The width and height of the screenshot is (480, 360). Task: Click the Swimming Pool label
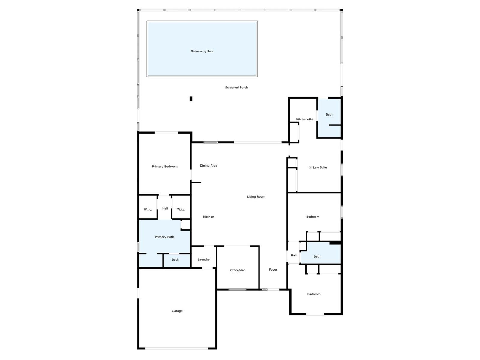click(x=202, y=51)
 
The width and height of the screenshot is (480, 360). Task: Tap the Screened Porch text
click(x=236, y=88)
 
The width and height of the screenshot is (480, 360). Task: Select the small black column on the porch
click(x=191, y=99)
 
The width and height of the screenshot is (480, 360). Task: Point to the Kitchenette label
click(x=304, y=119)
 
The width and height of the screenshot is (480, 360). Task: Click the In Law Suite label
click(x=318, y=167)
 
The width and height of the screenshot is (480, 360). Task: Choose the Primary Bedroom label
click(x=164, y=166)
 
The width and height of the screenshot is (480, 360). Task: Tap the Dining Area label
click(x=208, y=166)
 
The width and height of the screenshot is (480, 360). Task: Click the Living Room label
click(x=256, y=197)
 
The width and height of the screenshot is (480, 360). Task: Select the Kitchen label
click(x=208, y=217)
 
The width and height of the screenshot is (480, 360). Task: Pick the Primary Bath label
click(x=164, y=237)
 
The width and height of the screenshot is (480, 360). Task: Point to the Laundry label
click(x=204, y=259)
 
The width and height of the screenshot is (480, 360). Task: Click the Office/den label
click(x=238, y=270)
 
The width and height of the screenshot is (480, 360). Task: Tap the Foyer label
click(x=273, y=270)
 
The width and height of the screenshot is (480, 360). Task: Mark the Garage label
click(x=177, y=311)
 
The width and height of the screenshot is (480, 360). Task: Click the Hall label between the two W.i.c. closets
click(x=165, y=208)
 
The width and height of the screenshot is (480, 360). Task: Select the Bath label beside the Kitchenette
click(x=329, y=114)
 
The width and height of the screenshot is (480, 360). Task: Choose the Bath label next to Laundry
click(x=175, y=260)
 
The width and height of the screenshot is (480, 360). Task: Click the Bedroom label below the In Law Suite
click(x=313, y=217)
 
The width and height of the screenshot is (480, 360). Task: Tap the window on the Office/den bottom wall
click(x=237, y=289)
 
